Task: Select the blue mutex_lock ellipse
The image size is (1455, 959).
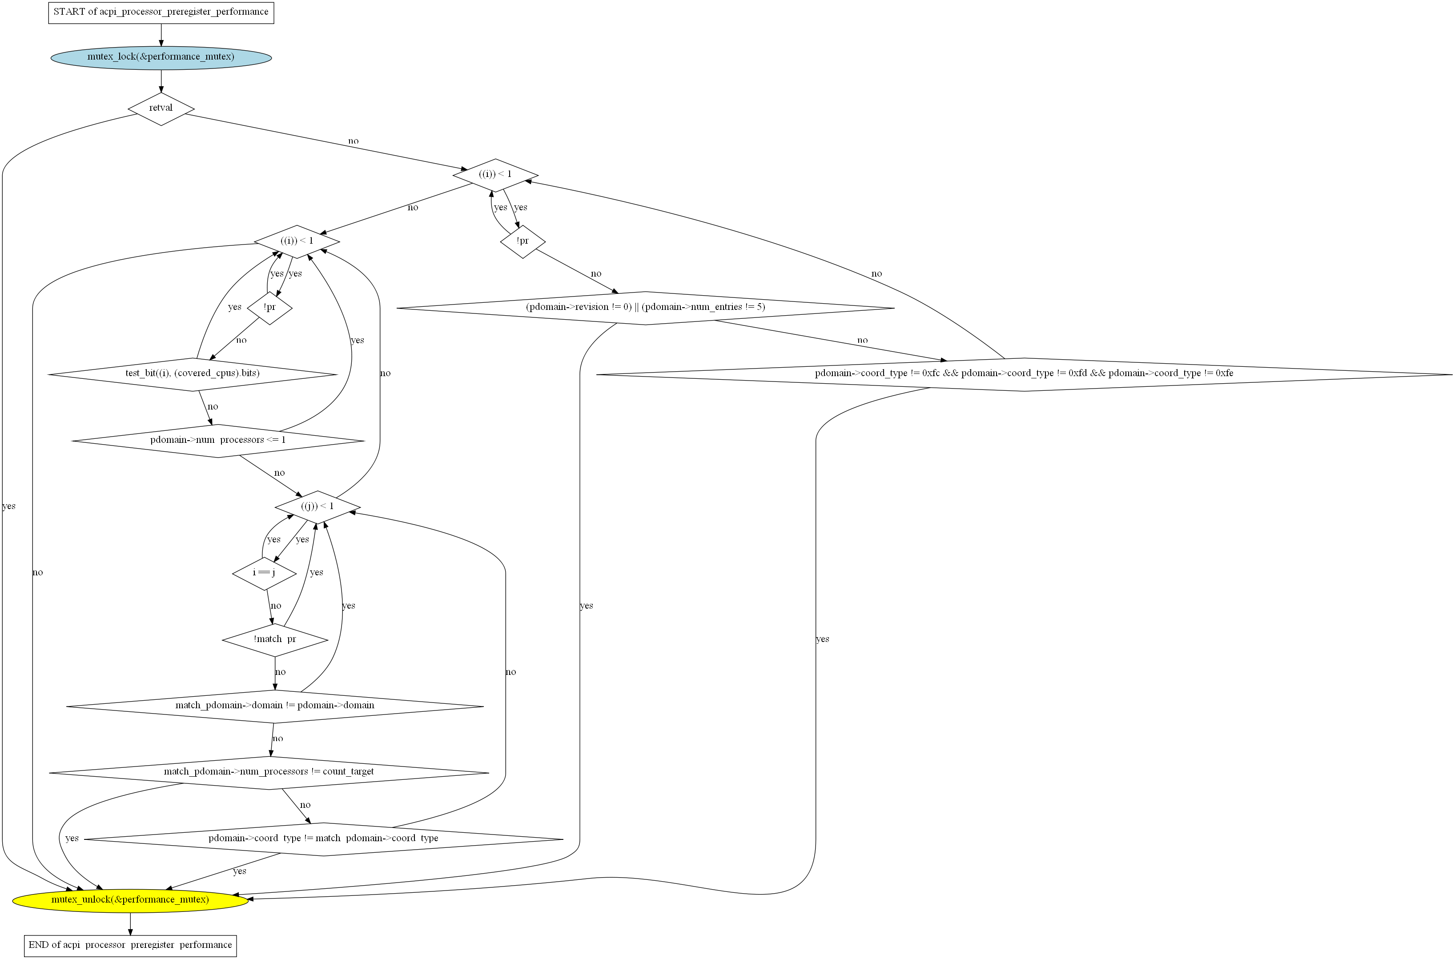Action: [161, 57]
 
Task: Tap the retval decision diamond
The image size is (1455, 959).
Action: [161, 108]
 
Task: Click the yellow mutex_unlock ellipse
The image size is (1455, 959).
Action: [130, 900]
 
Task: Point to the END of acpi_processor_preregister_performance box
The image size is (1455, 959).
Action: [130, 945]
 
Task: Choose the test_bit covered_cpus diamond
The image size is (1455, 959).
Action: [193, 374]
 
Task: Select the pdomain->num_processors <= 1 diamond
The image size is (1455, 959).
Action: [218, 440]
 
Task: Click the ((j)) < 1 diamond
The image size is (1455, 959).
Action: [318, 506]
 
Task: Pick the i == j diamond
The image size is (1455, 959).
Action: [264, 573]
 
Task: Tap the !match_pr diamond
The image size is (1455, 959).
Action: [275, 640]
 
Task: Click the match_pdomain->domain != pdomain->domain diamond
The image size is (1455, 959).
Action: [275, 706]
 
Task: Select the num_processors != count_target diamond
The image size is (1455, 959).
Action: [269, 772]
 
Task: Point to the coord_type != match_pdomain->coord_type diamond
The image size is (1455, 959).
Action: [324, 839]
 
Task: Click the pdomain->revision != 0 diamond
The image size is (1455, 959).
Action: [645, 308]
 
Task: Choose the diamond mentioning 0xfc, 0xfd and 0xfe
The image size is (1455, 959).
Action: [1025, 374]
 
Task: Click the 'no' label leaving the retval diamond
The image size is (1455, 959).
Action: [354, 141]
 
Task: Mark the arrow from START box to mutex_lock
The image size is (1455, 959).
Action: [161, 34]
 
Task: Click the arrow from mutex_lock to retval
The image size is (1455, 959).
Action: [161, 81]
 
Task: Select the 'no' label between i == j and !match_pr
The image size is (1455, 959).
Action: [276, 606]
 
